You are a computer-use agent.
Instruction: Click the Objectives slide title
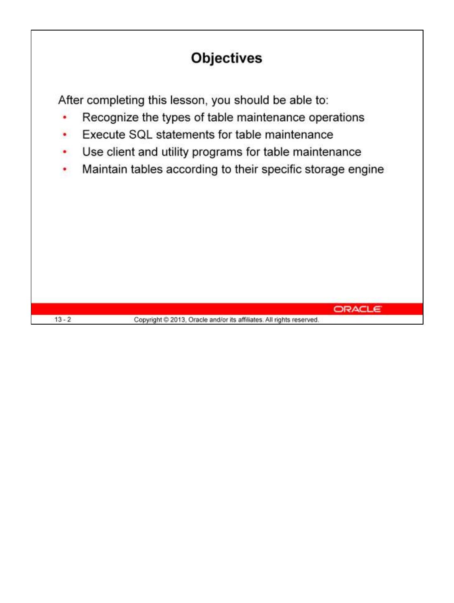tap(226, 58)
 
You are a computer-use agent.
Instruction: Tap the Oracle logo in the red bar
tap(358, 309)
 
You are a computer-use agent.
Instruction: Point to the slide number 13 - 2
tap(63, 320)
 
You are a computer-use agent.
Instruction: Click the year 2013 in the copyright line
tap(178, 320)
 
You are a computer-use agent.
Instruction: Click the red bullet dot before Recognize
tap(65, 118)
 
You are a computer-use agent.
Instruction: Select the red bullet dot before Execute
tap(65, 135)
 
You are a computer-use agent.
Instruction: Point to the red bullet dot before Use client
tap(65, 152)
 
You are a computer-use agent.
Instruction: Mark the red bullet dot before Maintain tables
tap(65, 170)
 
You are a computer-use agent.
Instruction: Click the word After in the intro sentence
tap(71, 100)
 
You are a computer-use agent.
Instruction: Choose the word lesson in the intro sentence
tap(188, 100)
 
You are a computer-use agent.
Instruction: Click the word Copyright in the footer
tap(148, 320)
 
